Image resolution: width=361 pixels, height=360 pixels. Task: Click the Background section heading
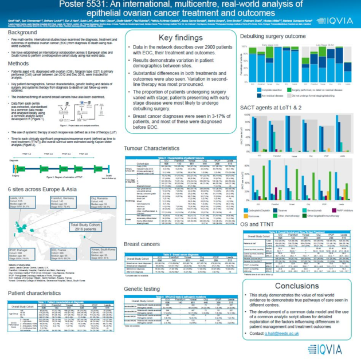pos(22,33)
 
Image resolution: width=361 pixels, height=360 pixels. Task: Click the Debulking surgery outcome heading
pos(273,35)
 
